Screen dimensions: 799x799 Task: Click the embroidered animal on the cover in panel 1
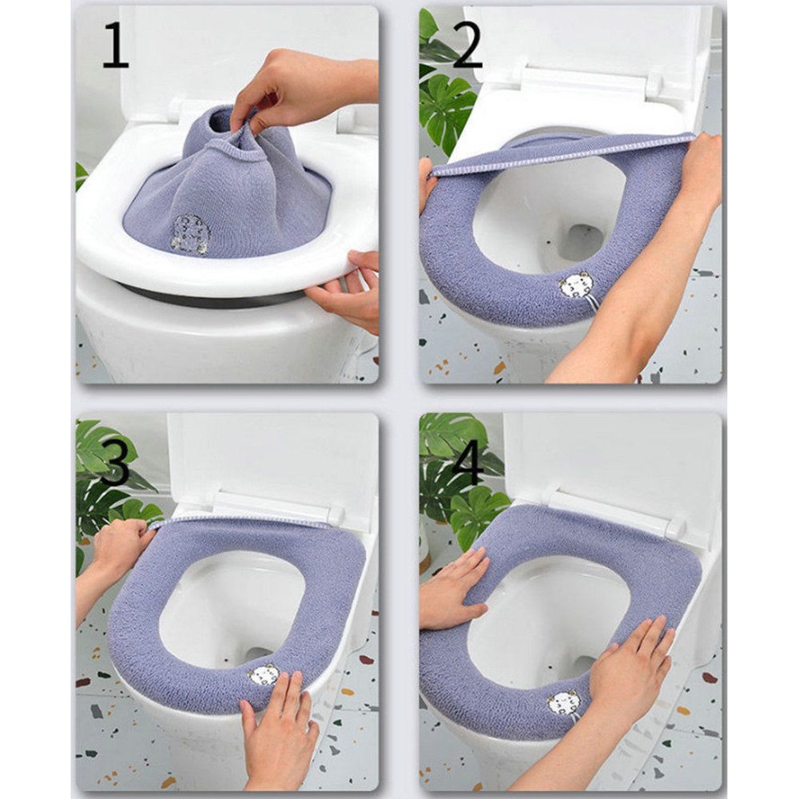click(x=191, y=234)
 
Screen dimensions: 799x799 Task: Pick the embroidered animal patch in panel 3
click(x=264, y=675)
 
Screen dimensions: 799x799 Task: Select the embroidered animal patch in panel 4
click(x=564, y=703)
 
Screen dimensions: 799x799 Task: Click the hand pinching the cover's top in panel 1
click(x=296, y=88)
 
